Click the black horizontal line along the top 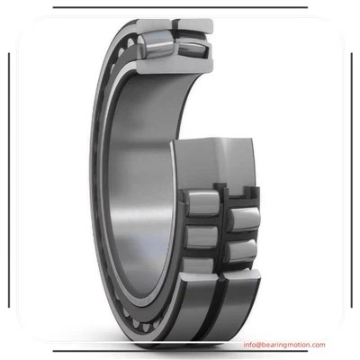click(x=180, y=7)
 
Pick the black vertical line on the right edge click(x=349, y=180)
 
